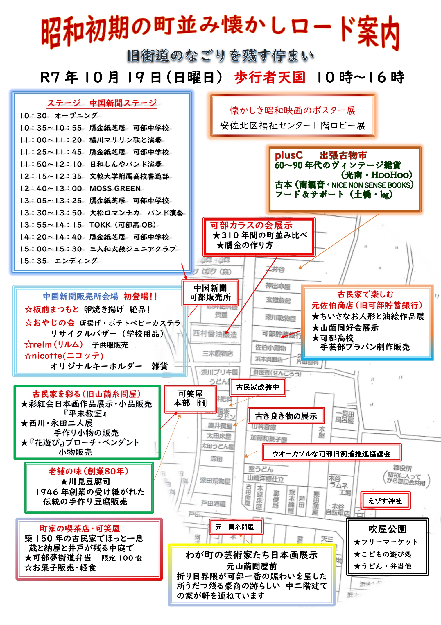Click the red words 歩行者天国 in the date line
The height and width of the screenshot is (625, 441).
270,78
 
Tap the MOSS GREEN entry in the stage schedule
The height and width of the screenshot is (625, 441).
115,188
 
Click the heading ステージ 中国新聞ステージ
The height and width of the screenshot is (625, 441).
102,103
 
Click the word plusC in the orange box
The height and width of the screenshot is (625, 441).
288,155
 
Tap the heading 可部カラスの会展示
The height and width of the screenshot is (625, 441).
251,225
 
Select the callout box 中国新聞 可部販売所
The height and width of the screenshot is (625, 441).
210,293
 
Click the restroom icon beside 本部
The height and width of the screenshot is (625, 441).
202,403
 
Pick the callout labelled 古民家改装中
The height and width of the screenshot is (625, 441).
258,387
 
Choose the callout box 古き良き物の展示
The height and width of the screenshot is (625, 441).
286,416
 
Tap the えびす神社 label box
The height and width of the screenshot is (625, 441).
385,501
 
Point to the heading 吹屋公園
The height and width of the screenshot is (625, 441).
387,529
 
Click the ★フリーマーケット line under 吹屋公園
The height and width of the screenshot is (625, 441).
386,542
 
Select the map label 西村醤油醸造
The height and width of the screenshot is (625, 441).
215,334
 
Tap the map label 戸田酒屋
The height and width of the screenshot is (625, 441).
214,503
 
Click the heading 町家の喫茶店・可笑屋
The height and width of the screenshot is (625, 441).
80,528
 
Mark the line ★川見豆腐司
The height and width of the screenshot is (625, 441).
85,482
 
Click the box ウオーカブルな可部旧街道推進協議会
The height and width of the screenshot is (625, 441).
331,454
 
